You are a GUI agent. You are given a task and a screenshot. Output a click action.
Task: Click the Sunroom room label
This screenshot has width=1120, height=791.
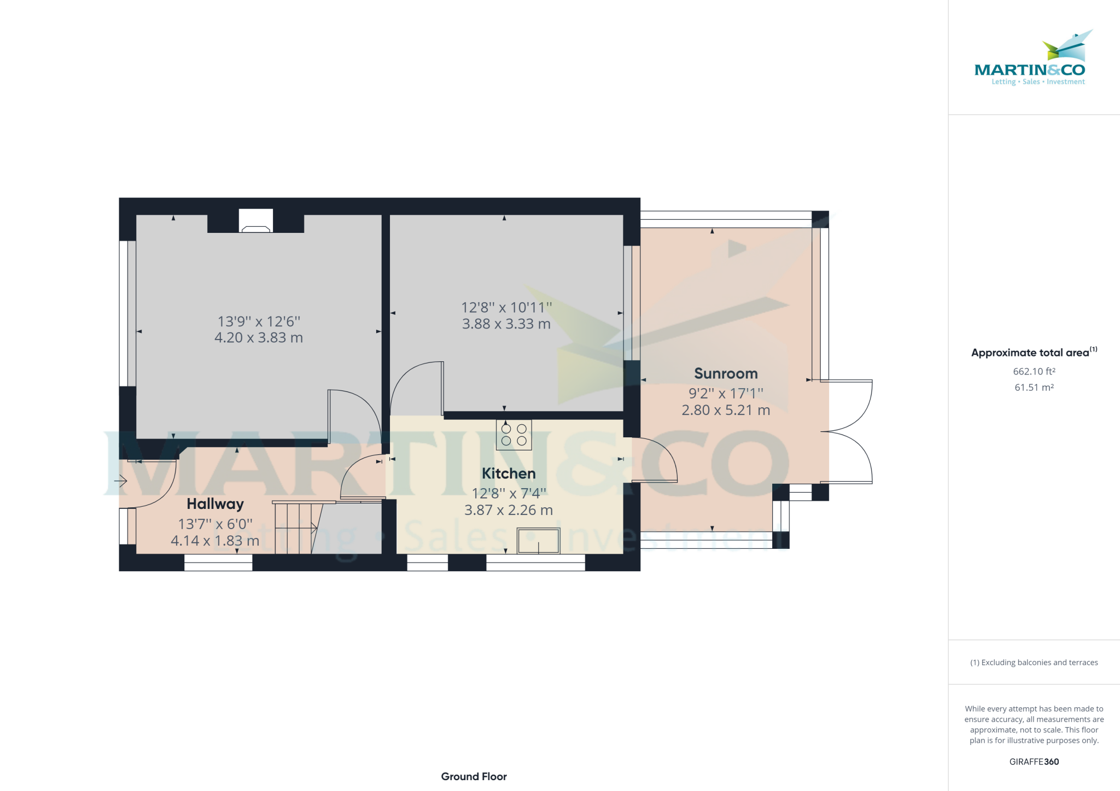pos(726,373)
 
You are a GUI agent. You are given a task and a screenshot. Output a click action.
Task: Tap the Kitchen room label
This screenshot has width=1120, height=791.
pos(509,473)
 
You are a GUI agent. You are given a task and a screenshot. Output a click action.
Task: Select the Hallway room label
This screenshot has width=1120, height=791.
pos(215,504)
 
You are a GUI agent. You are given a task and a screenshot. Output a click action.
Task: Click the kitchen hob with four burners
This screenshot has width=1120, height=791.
pos(514,435)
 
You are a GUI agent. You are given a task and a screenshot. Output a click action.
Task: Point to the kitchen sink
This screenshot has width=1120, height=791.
pos(538,541)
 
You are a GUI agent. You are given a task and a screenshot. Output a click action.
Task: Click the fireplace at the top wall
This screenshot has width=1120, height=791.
pos(256,221)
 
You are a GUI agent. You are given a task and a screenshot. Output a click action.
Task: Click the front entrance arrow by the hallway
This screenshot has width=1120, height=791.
pos(121,481)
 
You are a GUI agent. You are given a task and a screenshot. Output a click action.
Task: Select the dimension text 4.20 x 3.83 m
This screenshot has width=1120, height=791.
pos(259,338)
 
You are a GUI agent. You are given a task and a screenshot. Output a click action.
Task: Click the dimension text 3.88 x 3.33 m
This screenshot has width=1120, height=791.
pos(506,324)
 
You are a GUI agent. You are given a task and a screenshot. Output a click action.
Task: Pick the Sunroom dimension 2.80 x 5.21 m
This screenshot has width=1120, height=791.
pos(726,410)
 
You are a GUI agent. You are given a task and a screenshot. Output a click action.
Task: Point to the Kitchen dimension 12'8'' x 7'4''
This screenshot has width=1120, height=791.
pos(509,494)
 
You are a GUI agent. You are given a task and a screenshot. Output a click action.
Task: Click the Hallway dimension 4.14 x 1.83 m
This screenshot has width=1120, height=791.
pos(215,541)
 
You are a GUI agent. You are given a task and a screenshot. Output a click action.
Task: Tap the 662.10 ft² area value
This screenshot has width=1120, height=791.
pos(1034,372)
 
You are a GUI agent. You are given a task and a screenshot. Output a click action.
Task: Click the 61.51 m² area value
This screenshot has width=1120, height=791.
pos(1034,388)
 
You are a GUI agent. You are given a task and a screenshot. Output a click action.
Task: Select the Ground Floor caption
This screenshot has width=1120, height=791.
pos(474,777)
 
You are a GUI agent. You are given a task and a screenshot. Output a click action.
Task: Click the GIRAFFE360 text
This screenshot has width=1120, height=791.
pos(1034,762)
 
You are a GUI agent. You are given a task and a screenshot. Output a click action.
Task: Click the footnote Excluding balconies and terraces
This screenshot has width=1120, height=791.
pos(1034,663)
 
